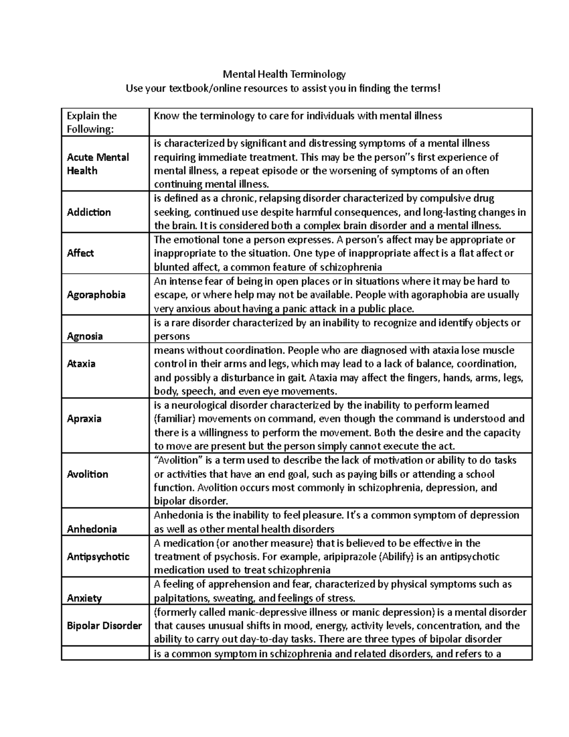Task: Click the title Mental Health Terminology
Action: pyautogui.click(x=284, y=74)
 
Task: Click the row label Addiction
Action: pyautogui.click(x=89, y=212)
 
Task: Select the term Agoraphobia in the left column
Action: pyautogui.click(x=96, y=295)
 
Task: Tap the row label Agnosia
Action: pyautogui.click(x=85, y=336)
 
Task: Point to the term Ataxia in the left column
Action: pyautogui.click(x=81, y=364)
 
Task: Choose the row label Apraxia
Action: pyautogui.click(x=84, y=419)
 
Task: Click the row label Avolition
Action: pyautogui.click(x=87, y=474)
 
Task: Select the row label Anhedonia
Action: pyautogui.click(x=92, y=529)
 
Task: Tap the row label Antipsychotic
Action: pyautogui.click(x=98, y=557)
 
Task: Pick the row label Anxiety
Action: pyautogui.click(x=84, y=598)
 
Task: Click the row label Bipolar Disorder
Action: pyautogui.click(x=104, y=625)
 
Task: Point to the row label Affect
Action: pyautogui.click(x=80, y=253)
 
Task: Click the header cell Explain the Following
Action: pyautogui.click(x=92, y=122)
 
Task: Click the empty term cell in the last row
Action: pyautogui.click(x=105, y=654)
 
